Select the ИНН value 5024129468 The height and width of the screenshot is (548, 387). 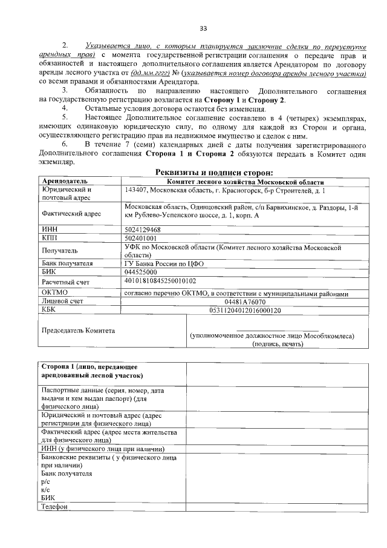142,230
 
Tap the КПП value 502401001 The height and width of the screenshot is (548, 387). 140,239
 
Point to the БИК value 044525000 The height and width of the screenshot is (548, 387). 140,272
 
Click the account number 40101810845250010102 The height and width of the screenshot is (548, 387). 160,281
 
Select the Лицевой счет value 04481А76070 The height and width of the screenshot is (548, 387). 244,301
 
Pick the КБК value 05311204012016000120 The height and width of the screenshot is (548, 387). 244,310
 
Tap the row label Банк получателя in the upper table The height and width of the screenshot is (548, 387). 67,263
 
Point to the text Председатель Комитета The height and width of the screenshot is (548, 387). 78,331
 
